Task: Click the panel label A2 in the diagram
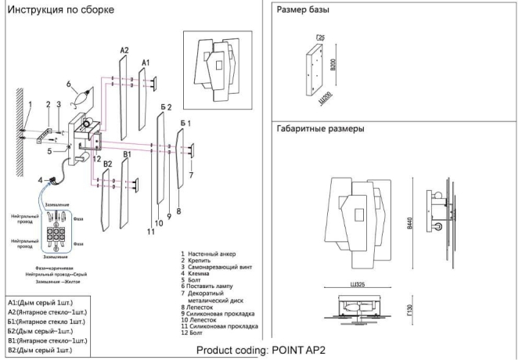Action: coord(124,50)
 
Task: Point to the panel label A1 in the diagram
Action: coord(145,62)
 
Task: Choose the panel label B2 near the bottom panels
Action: coord(108,164)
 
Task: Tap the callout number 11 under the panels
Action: coord(150,232)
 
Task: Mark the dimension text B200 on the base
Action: coord(333,67)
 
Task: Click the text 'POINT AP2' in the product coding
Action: coord(298,351)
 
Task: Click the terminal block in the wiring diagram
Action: coord(55,234)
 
